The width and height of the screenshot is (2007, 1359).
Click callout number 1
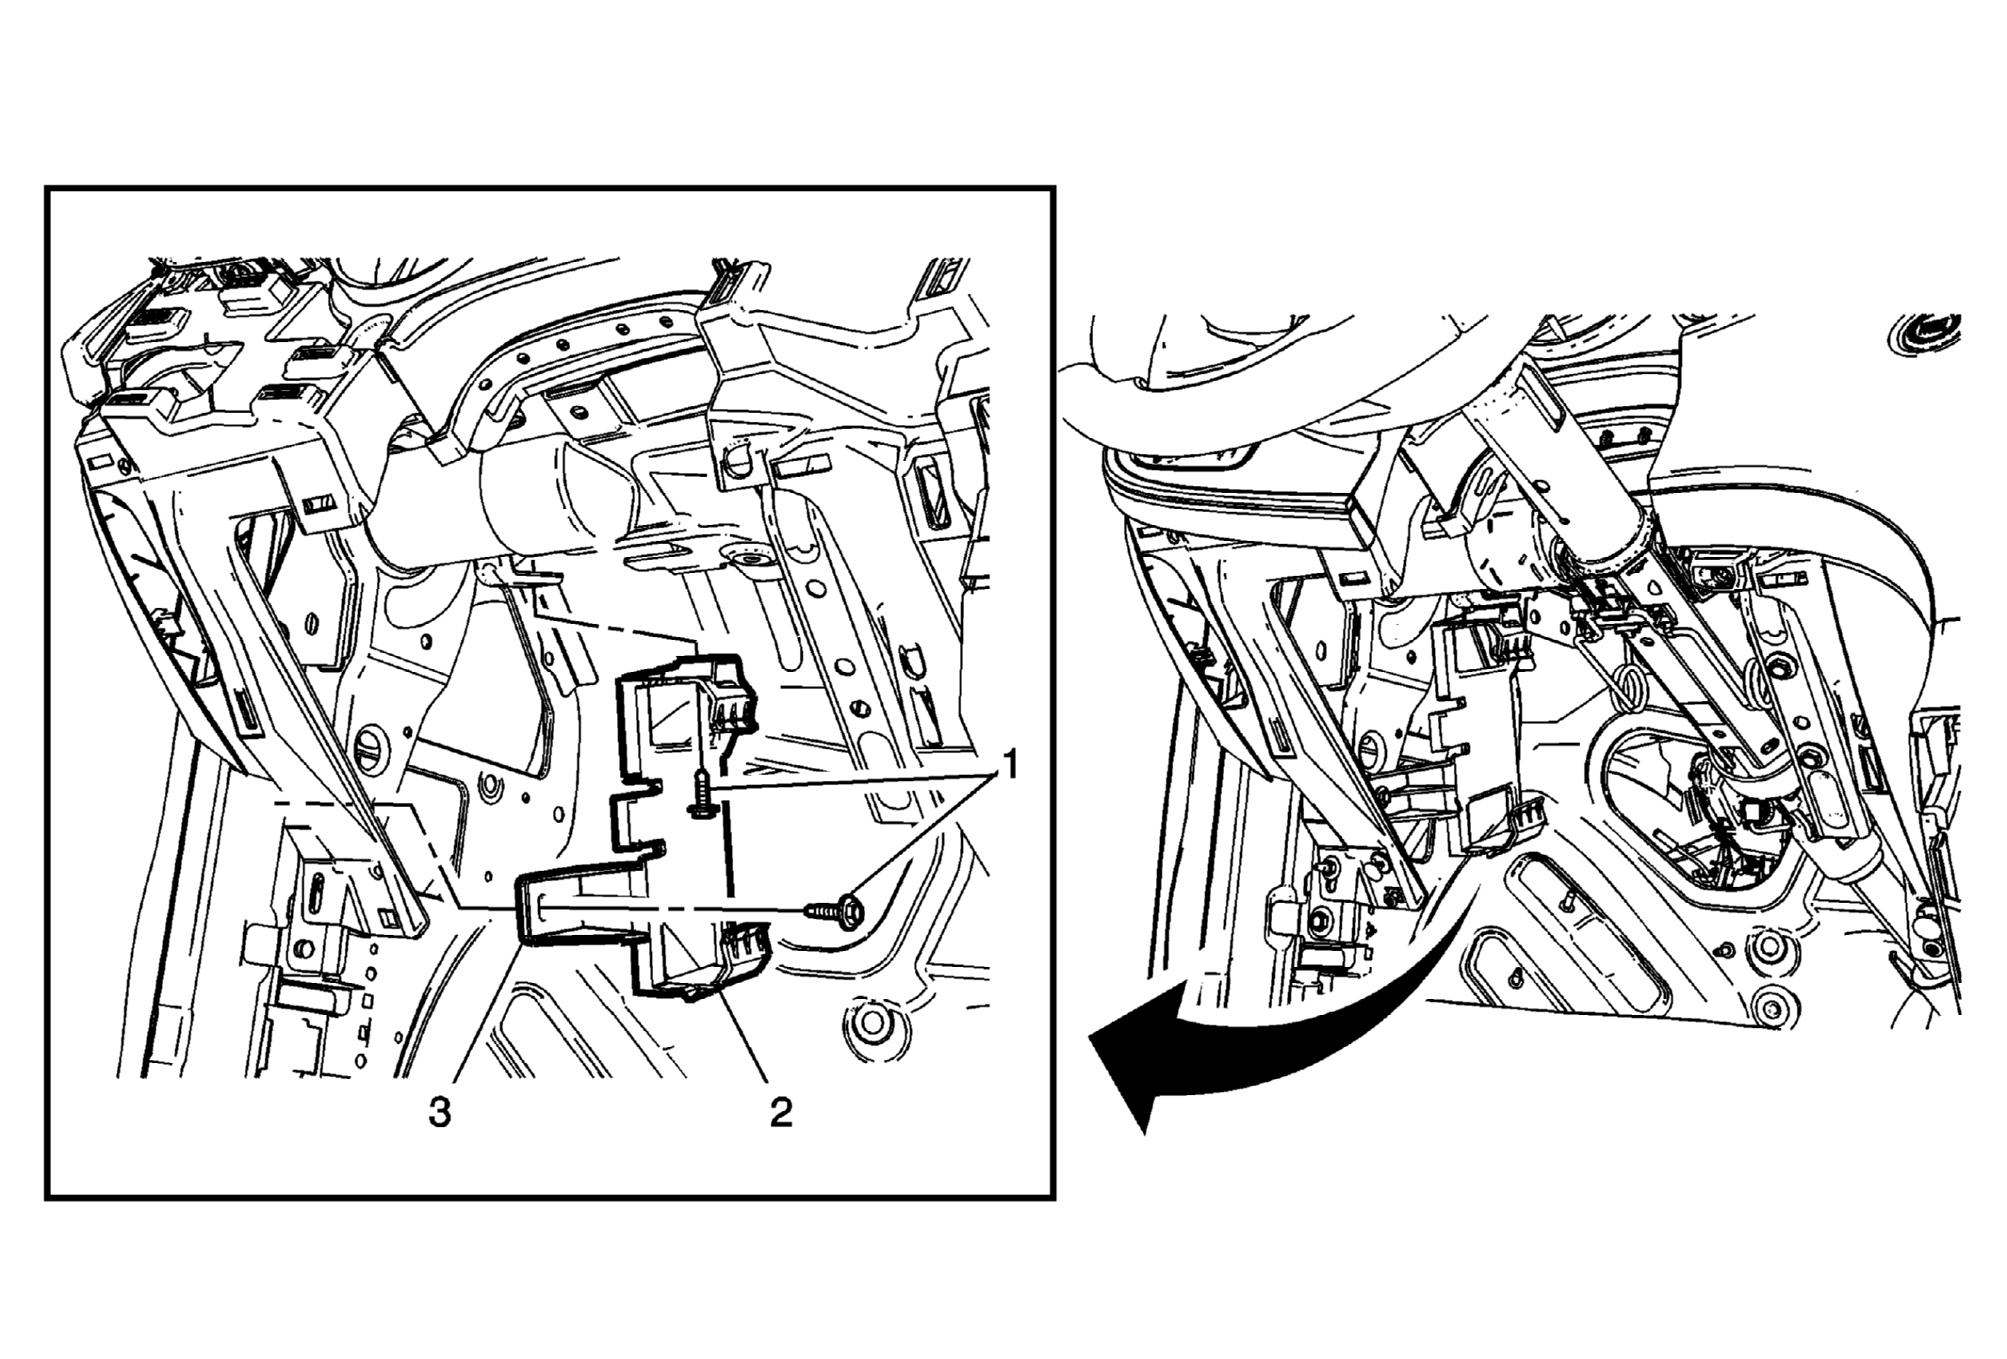1008,765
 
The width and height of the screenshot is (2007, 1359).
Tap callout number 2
780,1113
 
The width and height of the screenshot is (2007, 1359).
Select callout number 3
440,1113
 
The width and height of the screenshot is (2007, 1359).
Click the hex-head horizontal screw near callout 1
836,909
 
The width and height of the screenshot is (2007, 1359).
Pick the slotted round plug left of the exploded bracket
371,749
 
